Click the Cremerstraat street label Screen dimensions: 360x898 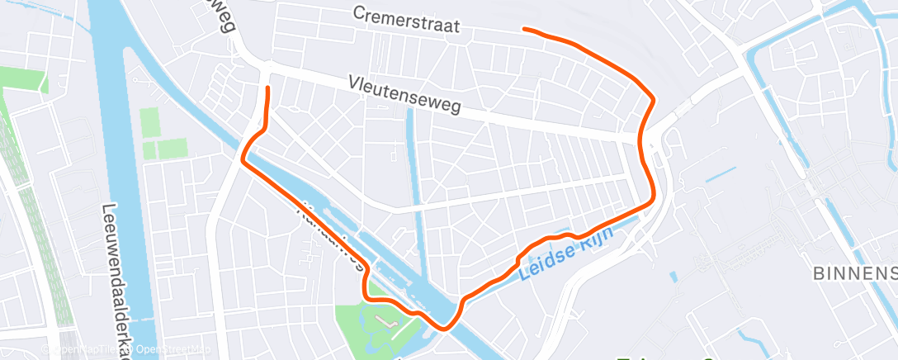click(405, 21)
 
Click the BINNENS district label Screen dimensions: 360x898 click(855, 273)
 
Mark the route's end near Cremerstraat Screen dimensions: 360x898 click(525, 30)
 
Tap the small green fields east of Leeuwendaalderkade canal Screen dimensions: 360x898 click(162, 136)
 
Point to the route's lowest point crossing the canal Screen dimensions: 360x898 click(446, 328)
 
